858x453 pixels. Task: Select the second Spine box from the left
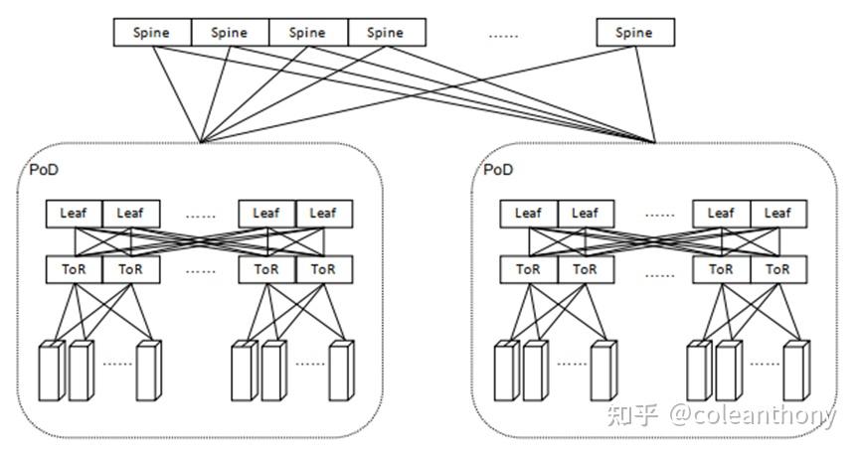[229, 33]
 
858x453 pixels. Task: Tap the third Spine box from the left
[307, 33]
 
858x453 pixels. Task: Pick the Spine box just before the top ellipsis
[386, 33]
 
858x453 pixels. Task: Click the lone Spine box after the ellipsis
[634, 33]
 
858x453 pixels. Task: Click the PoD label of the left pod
[44, 170]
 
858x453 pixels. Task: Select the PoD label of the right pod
[498, 170]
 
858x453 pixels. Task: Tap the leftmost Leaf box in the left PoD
[74, 213]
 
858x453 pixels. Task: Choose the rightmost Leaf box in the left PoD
[323, 213]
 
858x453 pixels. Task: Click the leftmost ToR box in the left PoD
[74, 269]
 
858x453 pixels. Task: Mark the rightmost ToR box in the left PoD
[323, 269]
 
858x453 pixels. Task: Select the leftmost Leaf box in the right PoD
[528, 213]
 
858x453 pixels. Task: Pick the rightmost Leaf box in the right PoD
[777, 213]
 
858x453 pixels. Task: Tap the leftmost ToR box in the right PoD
[528, 269]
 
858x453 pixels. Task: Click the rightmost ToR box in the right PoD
[777, 269]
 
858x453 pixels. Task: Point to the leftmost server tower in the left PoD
[48, 373]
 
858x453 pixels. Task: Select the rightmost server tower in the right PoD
[796, 373]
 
